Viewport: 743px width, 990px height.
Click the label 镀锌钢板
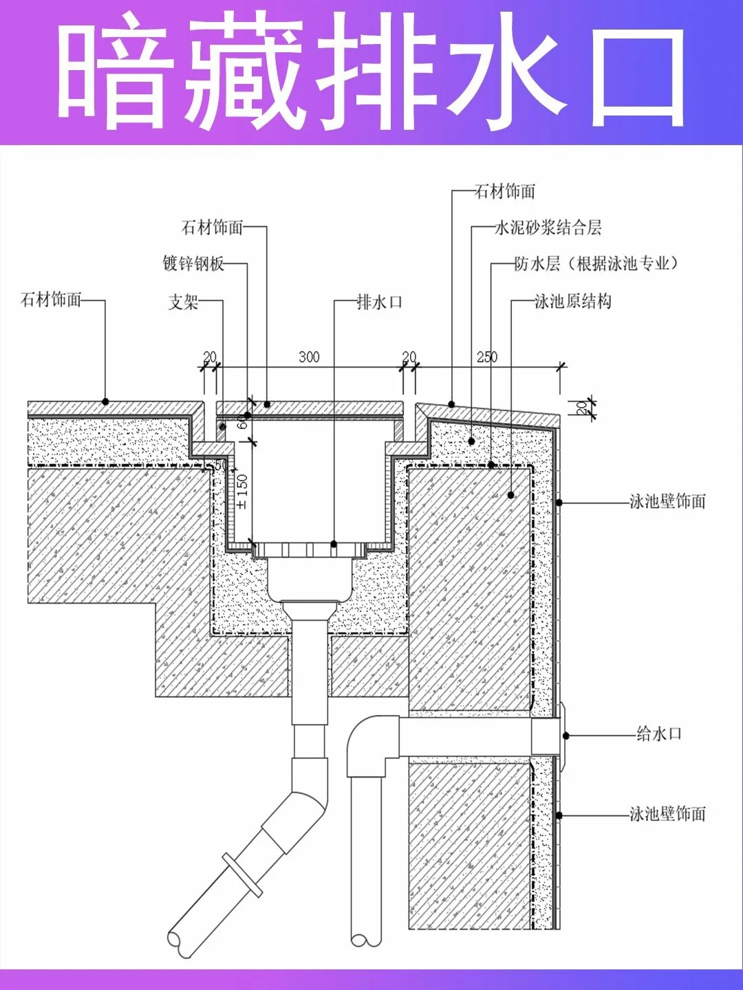(x=193, y=263)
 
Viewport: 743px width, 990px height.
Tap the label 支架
(x=183, y=302)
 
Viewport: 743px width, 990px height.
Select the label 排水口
(x=379, y=302)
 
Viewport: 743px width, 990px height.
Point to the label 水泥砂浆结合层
(x=548, y=228)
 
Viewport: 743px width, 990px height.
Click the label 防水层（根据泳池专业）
(x=596, y=263)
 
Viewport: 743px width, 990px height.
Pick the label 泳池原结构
(x=573, y=301)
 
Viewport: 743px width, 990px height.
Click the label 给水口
(x=658, y=734)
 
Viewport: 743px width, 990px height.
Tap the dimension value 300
(x=309, y=357)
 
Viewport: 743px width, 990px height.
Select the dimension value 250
(x=487, y=357)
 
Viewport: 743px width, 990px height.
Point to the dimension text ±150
(x=242, y=492)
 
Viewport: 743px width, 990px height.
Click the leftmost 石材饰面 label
(x=51, y=300)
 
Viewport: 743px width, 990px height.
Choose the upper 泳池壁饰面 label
(x=667, y=501)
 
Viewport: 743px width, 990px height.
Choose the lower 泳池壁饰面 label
(x=667, y=814)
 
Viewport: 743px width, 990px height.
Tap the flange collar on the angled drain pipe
(x=242, y=875)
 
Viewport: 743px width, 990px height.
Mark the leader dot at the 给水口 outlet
(x=566, y=736)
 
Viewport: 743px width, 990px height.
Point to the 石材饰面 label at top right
(x=504, y=191)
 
